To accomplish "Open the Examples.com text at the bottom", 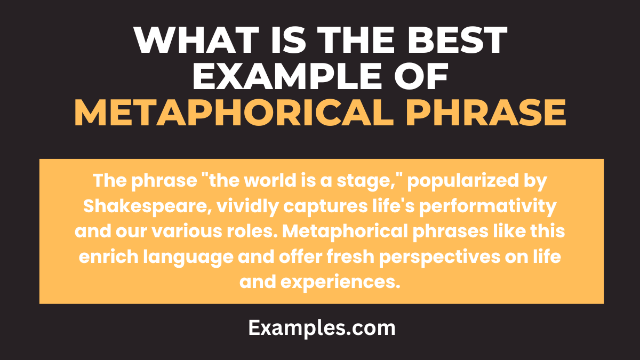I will coord(322,328).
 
